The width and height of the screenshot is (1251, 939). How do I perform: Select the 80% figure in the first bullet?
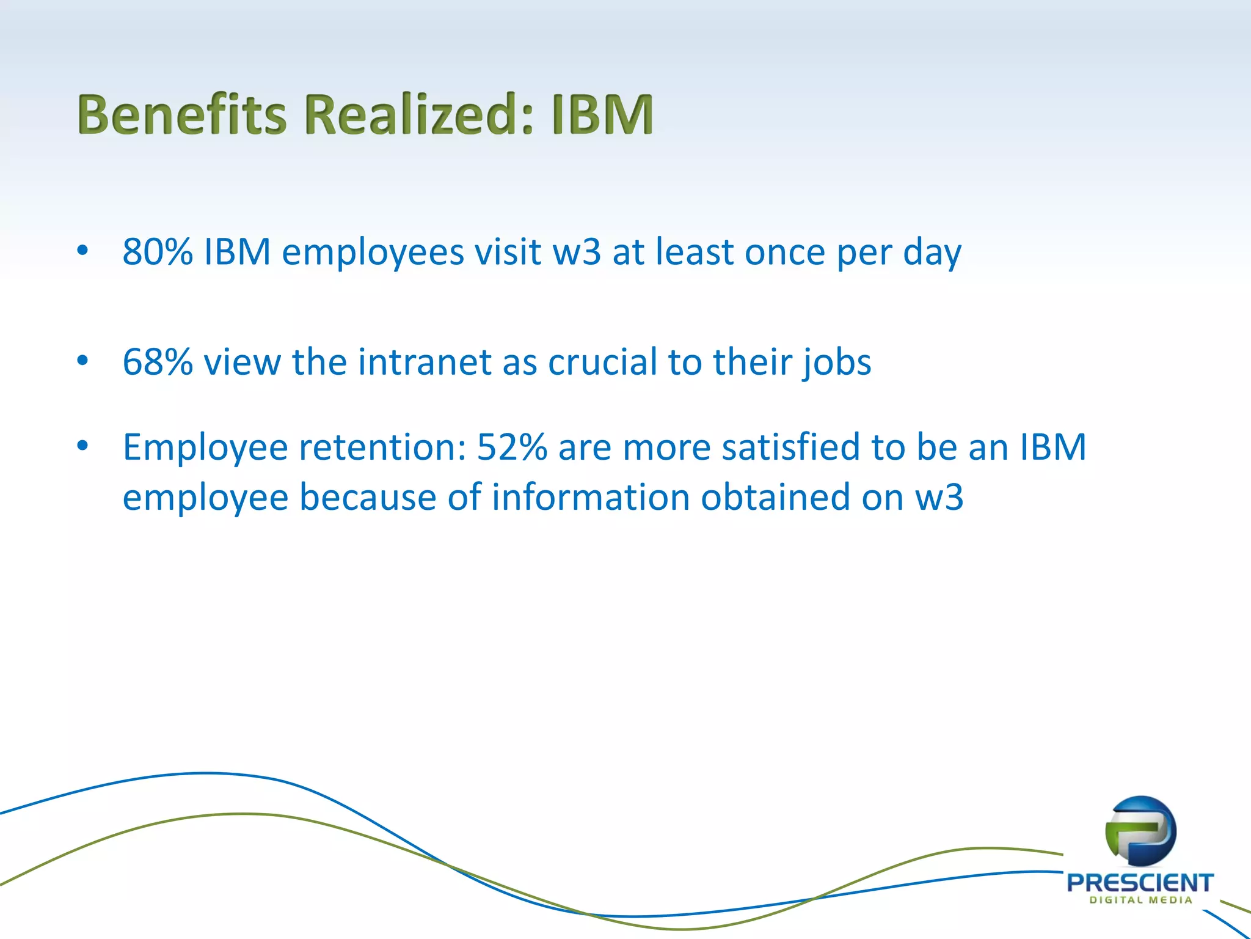pos(158,251)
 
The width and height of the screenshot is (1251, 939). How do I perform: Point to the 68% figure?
pos(158,362)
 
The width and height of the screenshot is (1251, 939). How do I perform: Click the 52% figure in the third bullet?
pos(512,447)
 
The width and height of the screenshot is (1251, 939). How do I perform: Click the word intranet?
pos(424,362)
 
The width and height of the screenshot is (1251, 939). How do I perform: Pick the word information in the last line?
pos(591,497)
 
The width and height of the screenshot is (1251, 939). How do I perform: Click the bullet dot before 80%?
pos(82,250)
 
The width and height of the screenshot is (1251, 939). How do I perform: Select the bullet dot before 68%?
pos(82,360)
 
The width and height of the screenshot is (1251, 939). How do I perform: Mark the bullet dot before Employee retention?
pos(82,446)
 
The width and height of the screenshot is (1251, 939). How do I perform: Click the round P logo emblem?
pos(1140,831)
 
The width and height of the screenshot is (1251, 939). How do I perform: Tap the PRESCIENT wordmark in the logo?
pos(1140,883)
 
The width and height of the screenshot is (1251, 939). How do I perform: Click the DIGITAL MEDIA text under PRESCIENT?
pos(1140,900)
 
